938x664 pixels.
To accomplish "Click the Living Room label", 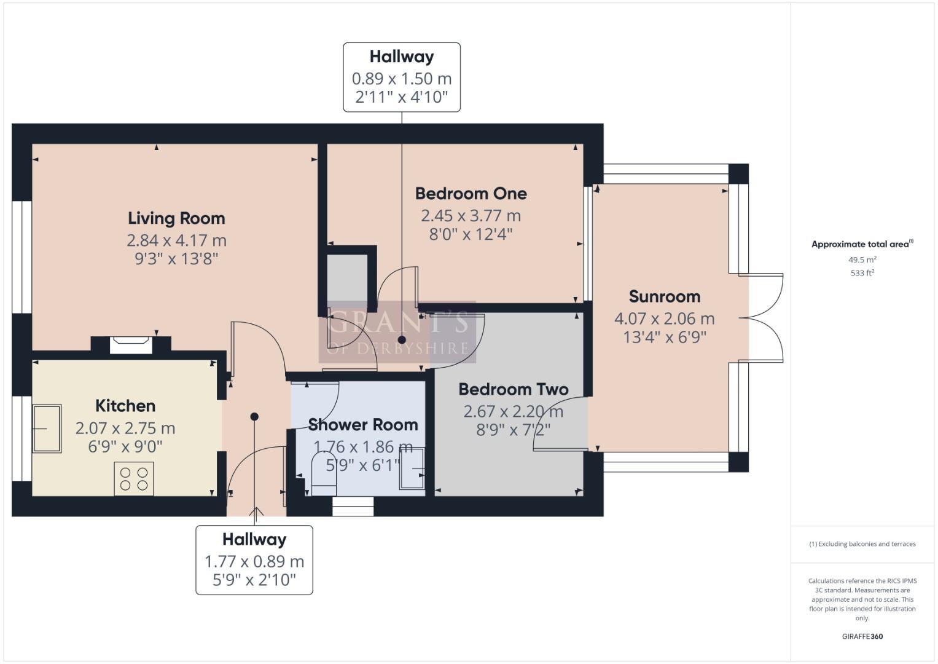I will point(176,218).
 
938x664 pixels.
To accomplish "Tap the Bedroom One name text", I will point(471,194).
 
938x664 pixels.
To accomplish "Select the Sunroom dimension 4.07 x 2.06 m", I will point(664,318).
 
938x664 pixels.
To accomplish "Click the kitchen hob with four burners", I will point(134,479).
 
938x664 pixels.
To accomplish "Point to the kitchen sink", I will point(47,429).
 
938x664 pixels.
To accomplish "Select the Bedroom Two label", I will point(513,389).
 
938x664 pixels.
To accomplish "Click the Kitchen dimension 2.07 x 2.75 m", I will point(125,428).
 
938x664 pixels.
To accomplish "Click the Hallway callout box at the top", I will point(402,77).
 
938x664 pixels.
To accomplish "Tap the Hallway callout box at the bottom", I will point(254,560).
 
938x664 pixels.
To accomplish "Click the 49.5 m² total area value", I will point(862,260).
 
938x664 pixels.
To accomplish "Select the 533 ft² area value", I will point(862,273).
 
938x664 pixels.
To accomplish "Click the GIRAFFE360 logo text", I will point(862,636).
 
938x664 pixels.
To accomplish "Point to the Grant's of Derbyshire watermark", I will point(397,332).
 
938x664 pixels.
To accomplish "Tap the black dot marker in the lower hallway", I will point(254,417).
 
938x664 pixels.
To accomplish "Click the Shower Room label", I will point(363,425).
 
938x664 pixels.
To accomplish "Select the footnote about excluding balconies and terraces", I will point(862,544).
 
